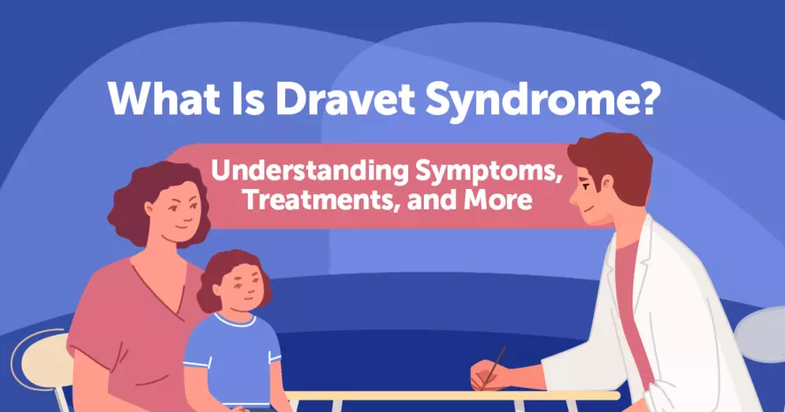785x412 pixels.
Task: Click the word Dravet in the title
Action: point(345,98)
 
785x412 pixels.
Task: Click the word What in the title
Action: point(164,98)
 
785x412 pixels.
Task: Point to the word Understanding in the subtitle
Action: point(309,172)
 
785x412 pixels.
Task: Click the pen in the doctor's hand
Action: point(494,367)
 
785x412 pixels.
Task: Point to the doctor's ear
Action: point(607,183)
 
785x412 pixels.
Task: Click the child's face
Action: point(242,289)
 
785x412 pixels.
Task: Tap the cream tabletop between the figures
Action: point(452,395)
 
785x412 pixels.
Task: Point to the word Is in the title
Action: point(248,98)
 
